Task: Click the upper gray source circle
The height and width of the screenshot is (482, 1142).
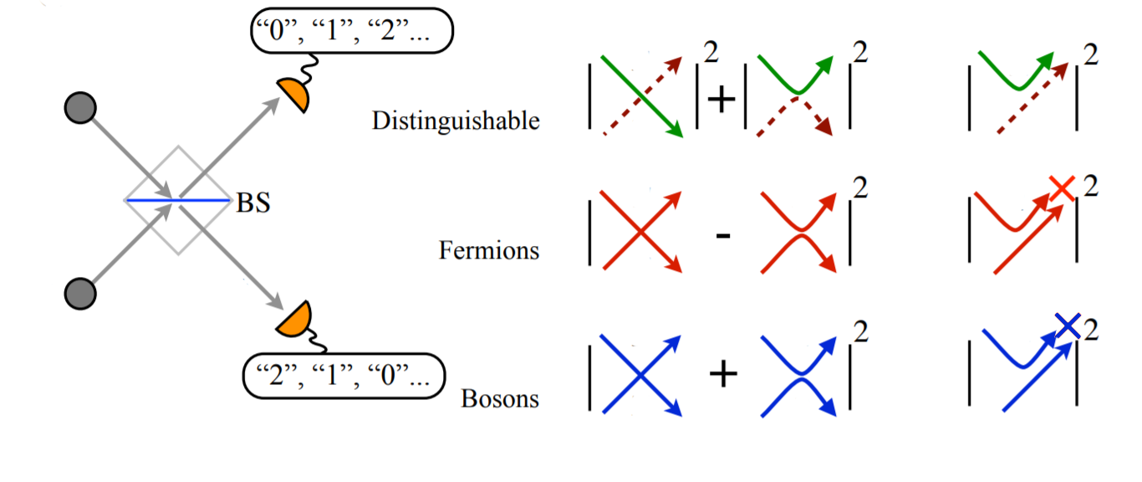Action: pyautogui.click(x=80, y=109)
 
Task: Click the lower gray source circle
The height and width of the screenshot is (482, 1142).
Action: pyautogui.click(x=80, y=293)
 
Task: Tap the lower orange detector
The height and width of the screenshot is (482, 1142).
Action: pyautogui.click(x=293, y=320)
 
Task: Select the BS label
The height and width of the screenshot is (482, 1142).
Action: pyautogui.click(x=253, y=203)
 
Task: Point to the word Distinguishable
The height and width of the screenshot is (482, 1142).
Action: pyautogui.click(x=456, y=121)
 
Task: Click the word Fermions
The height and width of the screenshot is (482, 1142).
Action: pyautogui.click(x=489, y=250)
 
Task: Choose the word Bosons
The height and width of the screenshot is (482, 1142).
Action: pyautogui.click(x=500, y=398)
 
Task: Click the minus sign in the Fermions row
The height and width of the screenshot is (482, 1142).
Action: pyautogui.click(x=724, y=236)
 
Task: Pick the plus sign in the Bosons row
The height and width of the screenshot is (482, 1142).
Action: pyautogui.click(x=723, y=375)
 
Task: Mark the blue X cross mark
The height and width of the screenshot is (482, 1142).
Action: pyautogui.click(x=1068, y=325)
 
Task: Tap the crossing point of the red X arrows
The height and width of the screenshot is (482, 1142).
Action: pyautogui.click(x=640, y=233)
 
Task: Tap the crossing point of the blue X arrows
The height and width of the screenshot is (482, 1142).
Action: pyautogui.click(x=640, y=376)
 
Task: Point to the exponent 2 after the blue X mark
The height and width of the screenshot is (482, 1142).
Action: pyautogui.click(x=1091, y=329)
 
